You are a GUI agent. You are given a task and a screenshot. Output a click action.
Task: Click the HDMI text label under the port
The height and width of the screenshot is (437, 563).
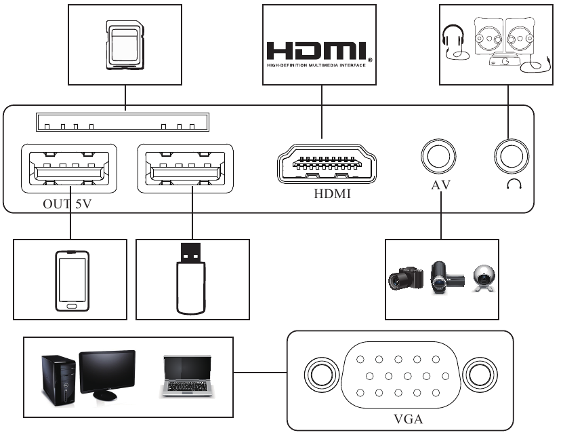(327, 195)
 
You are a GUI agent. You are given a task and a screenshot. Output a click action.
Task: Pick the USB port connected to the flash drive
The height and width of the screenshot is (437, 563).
(185, 168)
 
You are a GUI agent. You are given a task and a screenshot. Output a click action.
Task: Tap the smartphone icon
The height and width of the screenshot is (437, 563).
(71, 280)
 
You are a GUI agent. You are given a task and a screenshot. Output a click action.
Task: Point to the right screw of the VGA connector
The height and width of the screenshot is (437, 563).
(479, 375)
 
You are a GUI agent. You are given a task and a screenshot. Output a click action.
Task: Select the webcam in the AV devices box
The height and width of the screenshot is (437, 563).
(483, 278)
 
